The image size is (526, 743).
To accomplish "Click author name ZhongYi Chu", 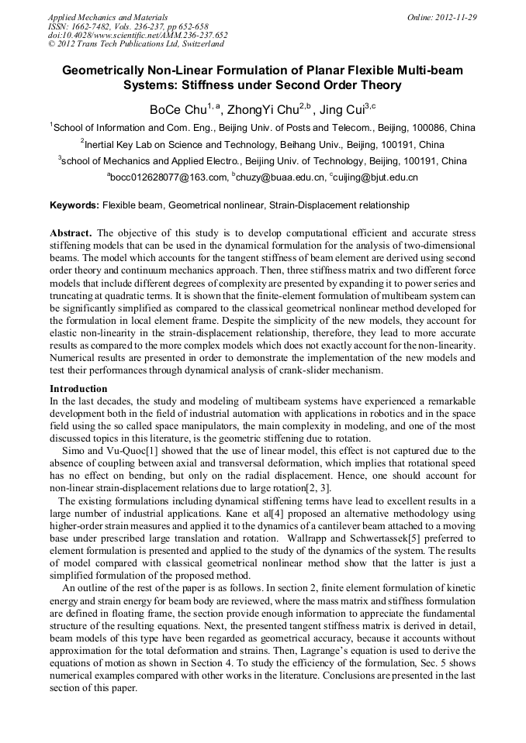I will (x=255, y=109).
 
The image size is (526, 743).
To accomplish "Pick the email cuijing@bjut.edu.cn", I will (x=375, y=177).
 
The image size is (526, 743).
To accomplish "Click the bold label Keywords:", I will (x=74, y=205).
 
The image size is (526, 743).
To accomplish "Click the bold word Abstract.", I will (x=71, y=233).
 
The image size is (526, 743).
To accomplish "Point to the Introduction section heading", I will (x=78, y=388).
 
